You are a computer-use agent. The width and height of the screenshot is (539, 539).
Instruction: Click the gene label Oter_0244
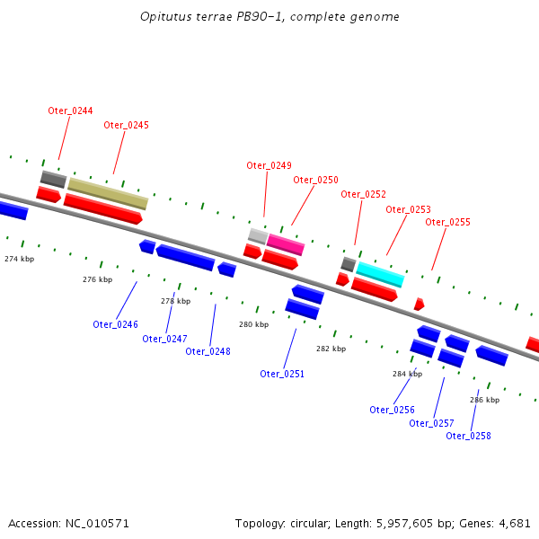(70, 110)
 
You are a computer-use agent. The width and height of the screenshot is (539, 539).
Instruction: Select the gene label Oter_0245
(126, 125)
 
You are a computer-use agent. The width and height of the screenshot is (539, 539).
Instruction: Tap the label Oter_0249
(269, 165)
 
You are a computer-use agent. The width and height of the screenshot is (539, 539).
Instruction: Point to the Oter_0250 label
(315, 180)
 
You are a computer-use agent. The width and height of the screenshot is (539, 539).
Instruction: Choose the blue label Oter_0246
(115, 324)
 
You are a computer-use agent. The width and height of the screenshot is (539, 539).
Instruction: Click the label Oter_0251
(282, 374)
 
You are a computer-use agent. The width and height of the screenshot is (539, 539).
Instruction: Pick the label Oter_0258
(468, 436)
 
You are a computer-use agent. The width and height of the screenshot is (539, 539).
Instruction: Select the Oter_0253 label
(408, 209)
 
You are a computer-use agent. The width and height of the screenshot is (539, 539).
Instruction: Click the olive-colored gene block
(108, 193)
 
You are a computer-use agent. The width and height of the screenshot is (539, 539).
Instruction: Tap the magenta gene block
(286, 244)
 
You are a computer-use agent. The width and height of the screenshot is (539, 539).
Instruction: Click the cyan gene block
(380, 274)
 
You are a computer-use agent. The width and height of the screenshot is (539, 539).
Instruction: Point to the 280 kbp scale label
(252, 324)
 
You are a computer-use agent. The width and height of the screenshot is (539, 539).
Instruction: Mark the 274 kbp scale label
(19, 259)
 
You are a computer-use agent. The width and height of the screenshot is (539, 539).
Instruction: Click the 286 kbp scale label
(484, 400)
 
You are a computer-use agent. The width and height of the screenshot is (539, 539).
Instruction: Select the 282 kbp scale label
(330, 348)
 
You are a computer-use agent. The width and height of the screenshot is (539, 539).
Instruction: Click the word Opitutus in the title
(163, 17)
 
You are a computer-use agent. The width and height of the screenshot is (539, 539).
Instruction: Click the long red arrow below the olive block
(103, 209)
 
